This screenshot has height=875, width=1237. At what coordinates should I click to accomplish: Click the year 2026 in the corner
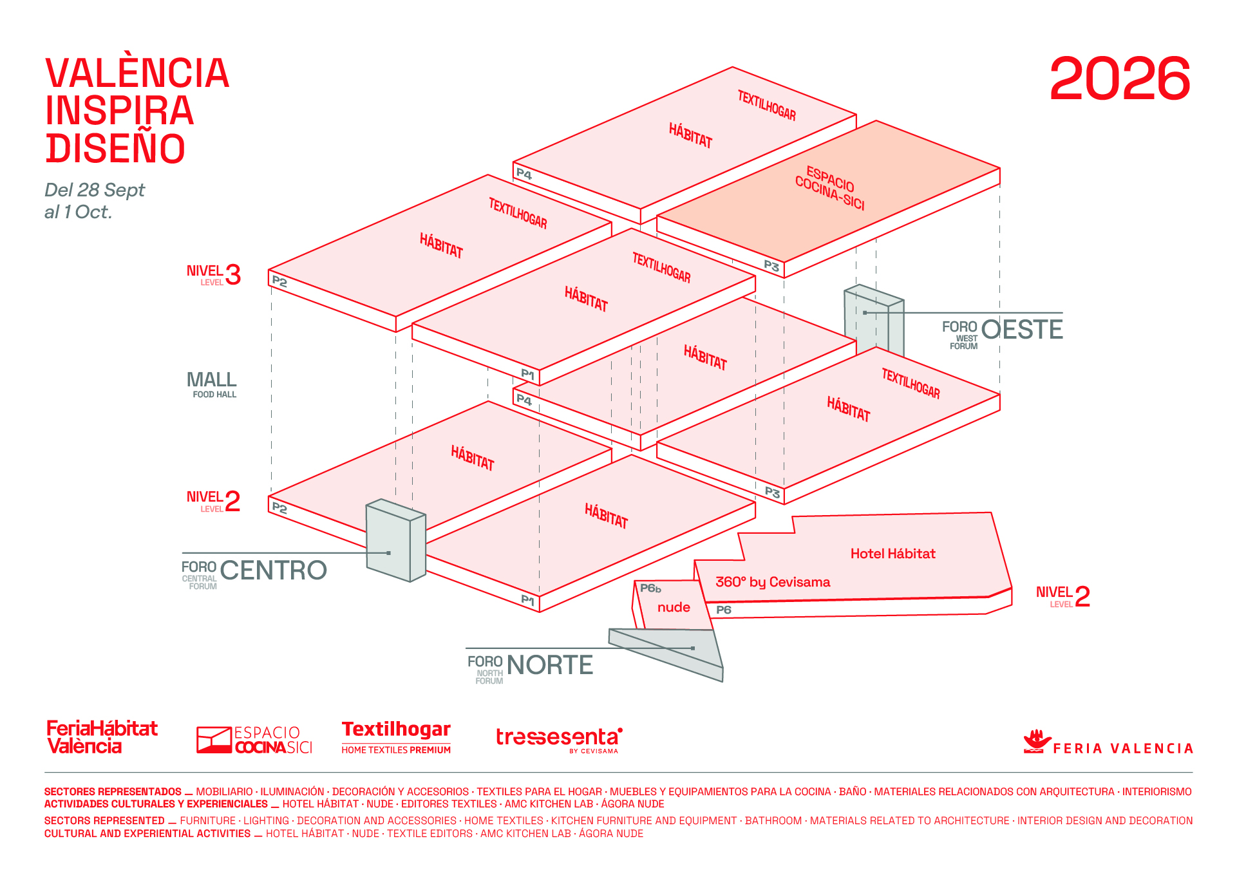(1119, 79)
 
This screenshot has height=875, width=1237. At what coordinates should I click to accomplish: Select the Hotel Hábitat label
(892, 554)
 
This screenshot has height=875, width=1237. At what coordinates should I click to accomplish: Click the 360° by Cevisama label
(773, 582)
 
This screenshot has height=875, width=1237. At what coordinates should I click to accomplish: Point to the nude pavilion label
(674, 607)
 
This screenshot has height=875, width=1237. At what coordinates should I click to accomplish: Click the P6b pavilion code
(650, 588)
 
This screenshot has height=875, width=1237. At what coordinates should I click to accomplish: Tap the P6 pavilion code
(724, 610)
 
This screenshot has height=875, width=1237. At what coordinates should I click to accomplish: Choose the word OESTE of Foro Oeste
(1022, 330)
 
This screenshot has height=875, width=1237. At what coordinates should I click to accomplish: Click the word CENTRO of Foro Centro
(273, 570)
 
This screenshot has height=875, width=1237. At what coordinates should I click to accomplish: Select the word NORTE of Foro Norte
(549, 665)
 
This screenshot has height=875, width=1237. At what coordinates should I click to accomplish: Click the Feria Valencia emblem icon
(1036, 741)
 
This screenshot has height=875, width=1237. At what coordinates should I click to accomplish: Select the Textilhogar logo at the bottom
(396, 737)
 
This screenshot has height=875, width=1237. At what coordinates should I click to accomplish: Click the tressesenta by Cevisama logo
(559, 739)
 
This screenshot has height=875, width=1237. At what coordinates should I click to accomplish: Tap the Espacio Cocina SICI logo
(254, 740)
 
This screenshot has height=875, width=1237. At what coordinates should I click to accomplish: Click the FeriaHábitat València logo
(102, 737)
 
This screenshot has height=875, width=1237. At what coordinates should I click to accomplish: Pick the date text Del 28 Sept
(95, 190)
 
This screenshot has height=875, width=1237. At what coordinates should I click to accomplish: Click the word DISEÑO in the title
(116, 148)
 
